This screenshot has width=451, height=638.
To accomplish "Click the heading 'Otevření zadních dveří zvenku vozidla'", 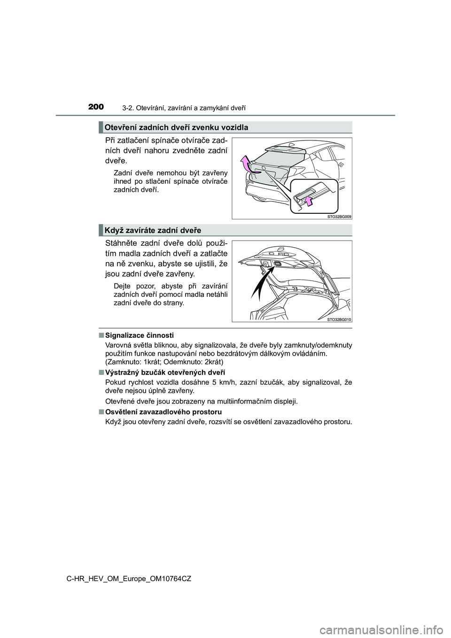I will [x=176, y=127].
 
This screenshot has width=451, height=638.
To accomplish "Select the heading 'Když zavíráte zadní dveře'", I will [x=153, y=230].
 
